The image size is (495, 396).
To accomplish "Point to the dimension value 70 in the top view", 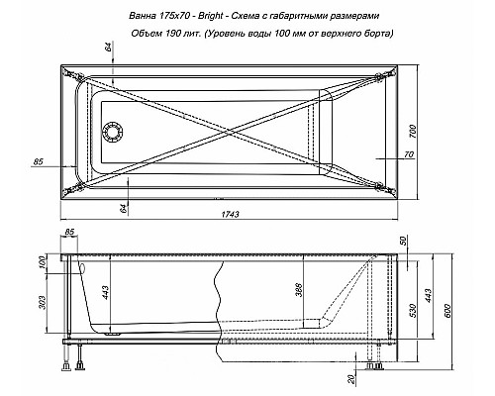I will [406, 153].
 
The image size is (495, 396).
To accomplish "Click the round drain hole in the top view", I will [113, 131].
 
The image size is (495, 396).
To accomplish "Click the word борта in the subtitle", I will [377, 35].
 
